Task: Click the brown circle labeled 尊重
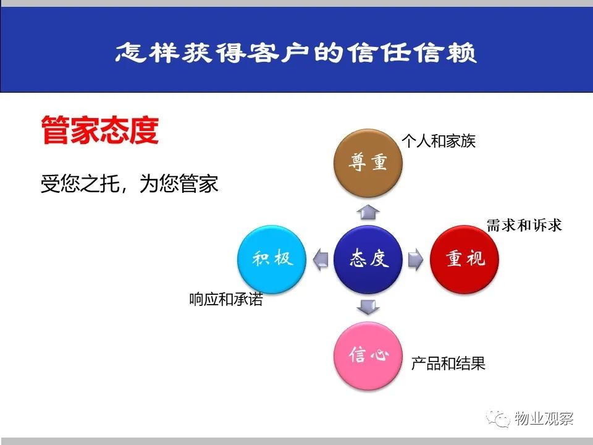pos(368,163)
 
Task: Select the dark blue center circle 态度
pos(368,260)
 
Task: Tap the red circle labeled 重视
pos(465,260)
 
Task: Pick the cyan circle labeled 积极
pos(271,260)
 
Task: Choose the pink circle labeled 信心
pos(368,356)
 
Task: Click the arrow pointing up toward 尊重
pos(368,212)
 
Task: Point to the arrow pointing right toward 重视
pos(416,260)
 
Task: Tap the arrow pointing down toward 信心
pos(368,307)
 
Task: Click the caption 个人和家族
pos(439,141)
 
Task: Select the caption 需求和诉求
pos(524,226)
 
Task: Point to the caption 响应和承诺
pos(226,299)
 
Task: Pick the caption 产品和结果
pos(448,363)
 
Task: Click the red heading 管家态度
pos(100,130)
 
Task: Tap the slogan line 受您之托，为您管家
pos(129,184)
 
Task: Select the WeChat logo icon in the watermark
pos(498,418)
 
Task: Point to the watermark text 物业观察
pos(544,418)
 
